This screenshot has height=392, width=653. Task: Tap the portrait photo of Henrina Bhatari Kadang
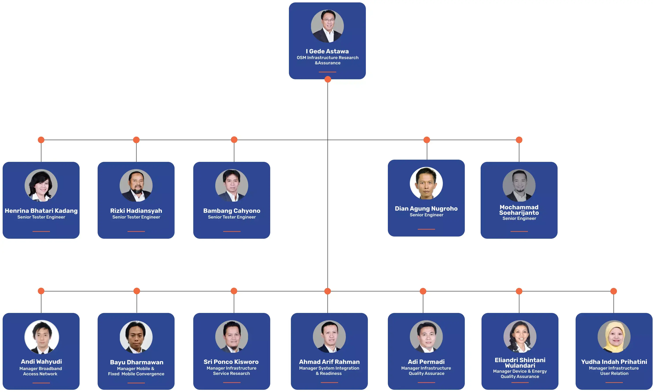[x=41, y=185]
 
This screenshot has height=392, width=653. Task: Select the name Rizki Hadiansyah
[x=136, y=211]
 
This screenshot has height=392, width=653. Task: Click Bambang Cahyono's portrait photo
[x=232, y=185]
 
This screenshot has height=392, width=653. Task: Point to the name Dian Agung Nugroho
[x=426, y=208]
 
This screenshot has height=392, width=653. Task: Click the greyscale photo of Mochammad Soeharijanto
[x=519, y=185]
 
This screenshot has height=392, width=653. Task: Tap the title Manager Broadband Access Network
[x=40, y=371]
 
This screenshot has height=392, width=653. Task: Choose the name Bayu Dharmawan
[x=136, y=362]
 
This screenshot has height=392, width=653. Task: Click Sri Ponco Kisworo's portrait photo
[x=232, y=336]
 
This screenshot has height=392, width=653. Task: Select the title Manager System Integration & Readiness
[x=329, y=371]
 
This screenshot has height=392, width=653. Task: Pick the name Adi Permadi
[x=426, y=362]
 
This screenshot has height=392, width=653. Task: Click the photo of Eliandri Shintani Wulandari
[x=520, y=336]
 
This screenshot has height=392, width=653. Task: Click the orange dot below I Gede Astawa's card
[x=328, y=79]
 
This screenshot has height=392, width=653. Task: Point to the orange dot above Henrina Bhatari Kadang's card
[x=41, y=140]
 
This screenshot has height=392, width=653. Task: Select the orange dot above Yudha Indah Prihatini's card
[x=613, y=291]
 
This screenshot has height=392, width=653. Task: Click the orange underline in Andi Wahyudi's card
[x=41, y=383]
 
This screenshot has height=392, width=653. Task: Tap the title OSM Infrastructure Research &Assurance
[x=327, y=60]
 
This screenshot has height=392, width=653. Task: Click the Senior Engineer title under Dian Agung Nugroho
[x=426, y=215]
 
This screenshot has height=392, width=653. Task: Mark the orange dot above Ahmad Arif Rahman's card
[x=327, y=291]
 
